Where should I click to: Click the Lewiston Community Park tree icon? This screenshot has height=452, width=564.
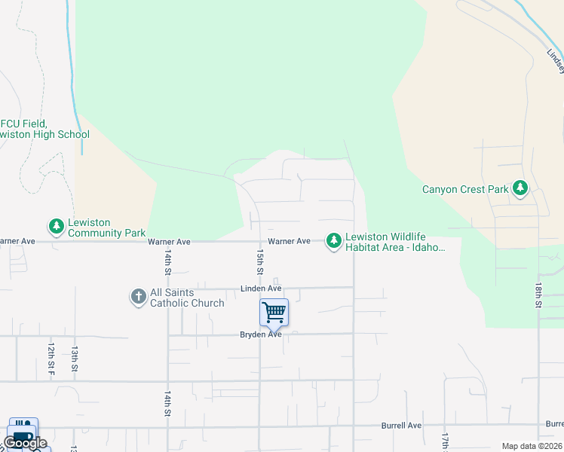click(x=57, y=225)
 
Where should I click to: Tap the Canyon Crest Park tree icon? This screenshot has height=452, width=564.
click(x=520, y=188)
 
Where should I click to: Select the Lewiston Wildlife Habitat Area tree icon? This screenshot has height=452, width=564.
click(x=333, y=240)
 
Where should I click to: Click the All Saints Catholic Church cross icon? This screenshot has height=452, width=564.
click(x=138, y=297)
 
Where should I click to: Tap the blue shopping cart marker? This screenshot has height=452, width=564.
click(x=274, y=311)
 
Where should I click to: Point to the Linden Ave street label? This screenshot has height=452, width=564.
click(x=261, y=289)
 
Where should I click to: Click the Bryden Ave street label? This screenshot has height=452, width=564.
click(x=260, y=334)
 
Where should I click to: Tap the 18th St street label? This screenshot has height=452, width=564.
click(x=539, y=296)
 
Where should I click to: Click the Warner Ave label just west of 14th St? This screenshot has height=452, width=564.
click(x=169, y=242)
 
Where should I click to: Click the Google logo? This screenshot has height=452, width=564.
click(x=25, y=443)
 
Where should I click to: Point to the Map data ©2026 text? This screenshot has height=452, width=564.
click(x=531, y=446)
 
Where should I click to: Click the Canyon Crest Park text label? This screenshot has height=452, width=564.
click(x=465, y=189)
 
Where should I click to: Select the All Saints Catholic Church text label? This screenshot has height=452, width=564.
click(x=187, y=298)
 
